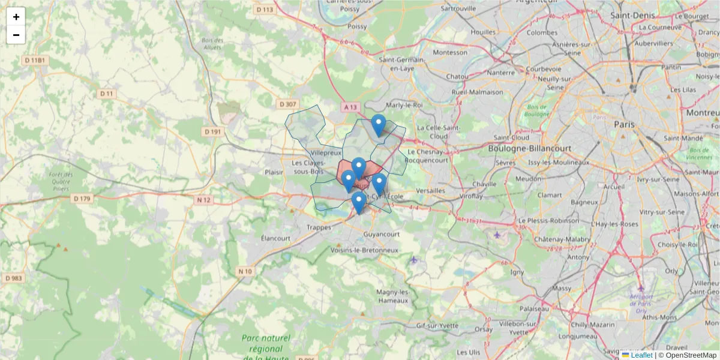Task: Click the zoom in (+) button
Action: click(x=16, y=17)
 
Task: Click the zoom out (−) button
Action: click(x=16, y=35)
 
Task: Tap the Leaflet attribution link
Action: click(x=641, y=355)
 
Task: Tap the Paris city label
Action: click(x=624, y=124)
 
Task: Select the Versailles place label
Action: click(x=431, y=190)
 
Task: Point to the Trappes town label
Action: click(x=319, y=227)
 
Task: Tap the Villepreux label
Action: click(x=310, y=153)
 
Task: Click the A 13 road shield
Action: click(x=350, y=107)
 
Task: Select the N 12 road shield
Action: click(x=204, y=200)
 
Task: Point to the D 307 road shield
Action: click(x=288, y=104)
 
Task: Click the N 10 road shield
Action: click(x=245, y=271)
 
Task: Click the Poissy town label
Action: click(x=357, y=26)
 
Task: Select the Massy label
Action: click(x=562, y=288)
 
